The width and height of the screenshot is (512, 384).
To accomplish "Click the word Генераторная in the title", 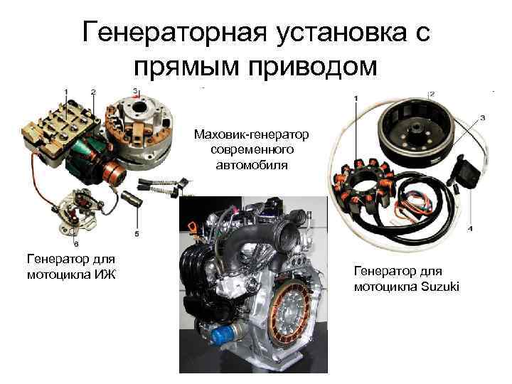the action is coord(175,32).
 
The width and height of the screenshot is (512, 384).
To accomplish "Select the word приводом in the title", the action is coord(312,67).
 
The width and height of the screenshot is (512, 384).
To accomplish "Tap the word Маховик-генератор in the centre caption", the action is coord(251,134).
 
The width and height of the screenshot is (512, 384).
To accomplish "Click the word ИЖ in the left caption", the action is coord(105,274).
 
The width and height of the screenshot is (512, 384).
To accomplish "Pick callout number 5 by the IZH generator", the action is coord(137,234).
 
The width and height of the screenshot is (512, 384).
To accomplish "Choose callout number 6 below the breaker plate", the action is coord(76,244).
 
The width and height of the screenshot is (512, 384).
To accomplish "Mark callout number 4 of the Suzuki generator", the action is coord(470,228).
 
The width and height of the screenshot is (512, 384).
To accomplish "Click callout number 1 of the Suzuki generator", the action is coord(356,97).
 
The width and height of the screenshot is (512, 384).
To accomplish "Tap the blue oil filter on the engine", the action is coord(223,335).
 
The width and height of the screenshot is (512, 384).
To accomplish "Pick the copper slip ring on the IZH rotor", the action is coord(114,172).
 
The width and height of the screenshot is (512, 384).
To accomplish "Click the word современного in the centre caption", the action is coord(252,149).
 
